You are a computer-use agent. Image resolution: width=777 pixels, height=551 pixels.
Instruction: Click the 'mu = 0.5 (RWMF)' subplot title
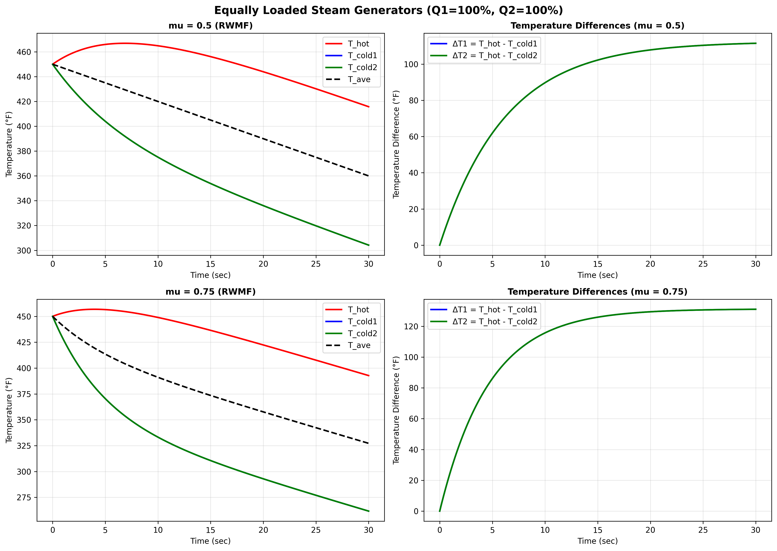click(211, 26)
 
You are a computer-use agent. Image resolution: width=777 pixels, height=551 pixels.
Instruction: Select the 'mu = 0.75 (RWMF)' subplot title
click(211, 292)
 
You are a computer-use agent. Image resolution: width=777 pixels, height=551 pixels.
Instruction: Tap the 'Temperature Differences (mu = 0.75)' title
click(597, 292)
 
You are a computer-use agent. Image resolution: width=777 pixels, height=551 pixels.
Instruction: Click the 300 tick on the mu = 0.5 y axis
click(24, 251)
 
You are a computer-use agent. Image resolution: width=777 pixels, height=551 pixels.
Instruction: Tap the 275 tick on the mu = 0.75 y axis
click(24, 498)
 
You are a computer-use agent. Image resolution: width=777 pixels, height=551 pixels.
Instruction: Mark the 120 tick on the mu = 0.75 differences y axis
click(411, 326)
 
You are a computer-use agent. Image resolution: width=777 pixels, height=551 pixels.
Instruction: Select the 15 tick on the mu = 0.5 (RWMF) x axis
click(211, 264)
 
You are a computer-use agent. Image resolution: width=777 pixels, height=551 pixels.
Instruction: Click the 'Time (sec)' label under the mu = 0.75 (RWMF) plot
click(211, 541)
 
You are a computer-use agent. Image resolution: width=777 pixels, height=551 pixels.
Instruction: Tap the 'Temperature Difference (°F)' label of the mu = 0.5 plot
click(396, 144)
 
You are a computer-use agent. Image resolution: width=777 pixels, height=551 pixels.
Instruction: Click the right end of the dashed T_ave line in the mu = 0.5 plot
click(369, 176)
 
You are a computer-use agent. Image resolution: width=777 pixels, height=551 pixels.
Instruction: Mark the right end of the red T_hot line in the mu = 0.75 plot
click(369, 376)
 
